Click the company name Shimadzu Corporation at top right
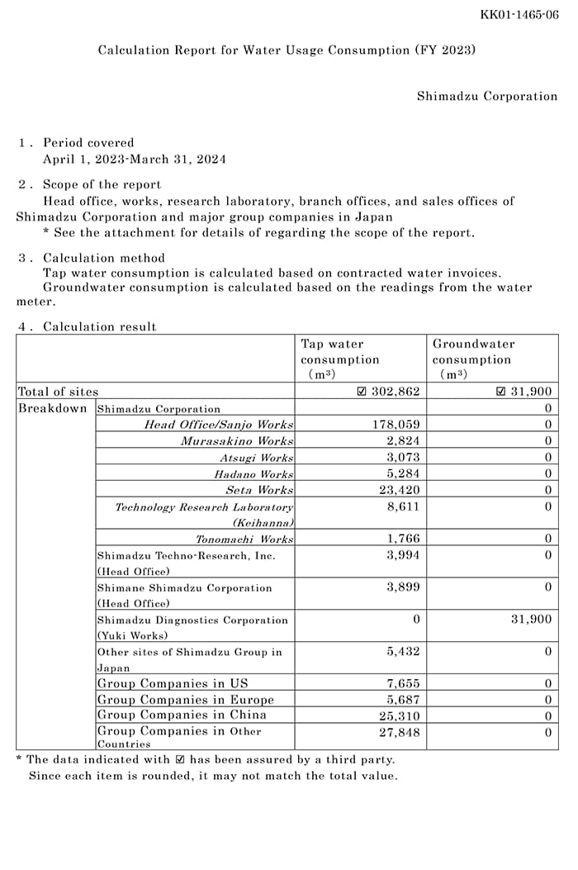click(486, 97)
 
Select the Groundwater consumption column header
click(473, 359)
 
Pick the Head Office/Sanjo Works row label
click(219, 425)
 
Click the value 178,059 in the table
click(397, 425)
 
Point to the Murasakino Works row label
click(237, 441)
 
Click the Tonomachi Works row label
click(244, 539)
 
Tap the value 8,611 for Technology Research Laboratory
click(403, 506)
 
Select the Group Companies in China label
click(182, 715)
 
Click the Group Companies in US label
click(173, 683)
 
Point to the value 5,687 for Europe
click(403, 699)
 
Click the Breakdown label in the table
click(52, 408)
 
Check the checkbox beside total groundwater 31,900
click(500, 392)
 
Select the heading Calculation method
click(103, 258)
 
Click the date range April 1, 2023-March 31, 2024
click(134, 159)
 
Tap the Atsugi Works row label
click(256, 458)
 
